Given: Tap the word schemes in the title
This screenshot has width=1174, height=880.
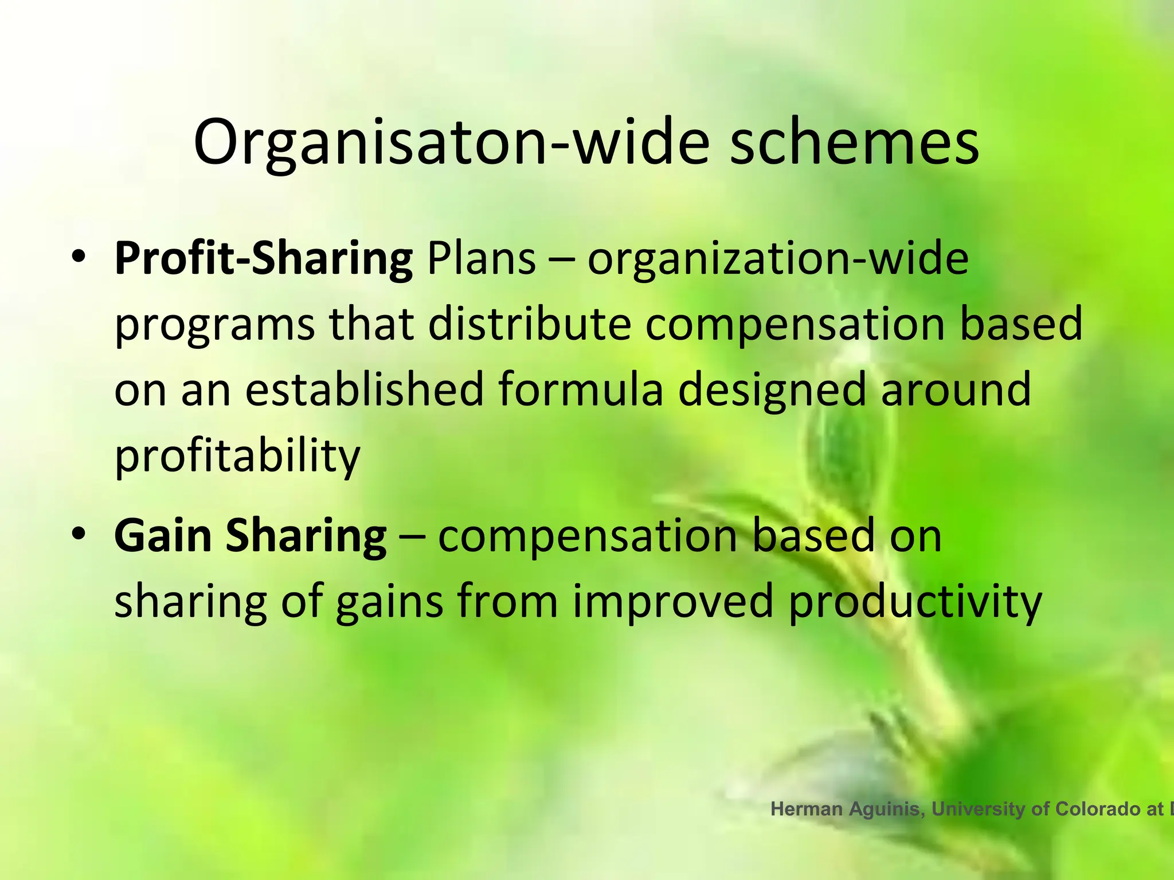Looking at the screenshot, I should [854, 142].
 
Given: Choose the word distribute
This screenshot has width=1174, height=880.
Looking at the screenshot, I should [529, 324].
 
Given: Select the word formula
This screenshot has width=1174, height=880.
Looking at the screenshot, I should [581, 390].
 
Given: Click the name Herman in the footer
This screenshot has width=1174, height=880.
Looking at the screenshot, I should [807, 809].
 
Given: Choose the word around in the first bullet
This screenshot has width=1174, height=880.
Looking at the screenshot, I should [956, 390].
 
